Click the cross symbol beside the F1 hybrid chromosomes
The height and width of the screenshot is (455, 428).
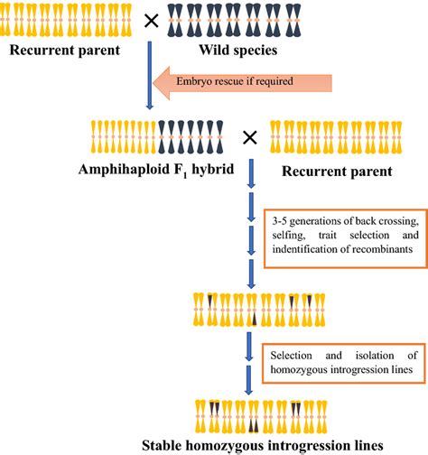click(x=250, y=137)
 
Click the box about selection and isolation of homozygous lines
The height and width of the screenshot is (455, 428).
click(x=340, y=358)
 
